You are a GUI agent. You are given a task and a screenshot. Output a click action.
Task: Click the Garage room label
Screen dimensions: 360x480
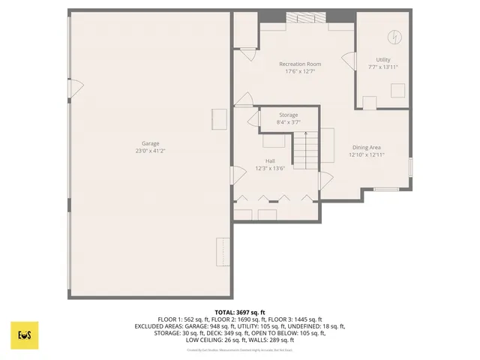coord(151,143)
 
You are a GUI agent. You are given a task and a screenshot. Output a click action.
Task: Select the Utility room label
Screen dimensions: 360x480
coord(383,60)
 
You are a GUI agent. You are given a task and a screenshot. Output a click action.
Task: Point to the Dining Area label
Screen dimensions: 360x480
coord(367,148)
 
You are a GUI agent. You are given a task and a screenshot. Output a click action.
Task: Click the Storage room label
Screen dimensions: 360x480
coord(289,115)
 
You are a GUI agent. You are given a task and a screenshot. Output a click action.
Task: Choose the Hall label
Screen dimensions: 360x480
coord(270,160)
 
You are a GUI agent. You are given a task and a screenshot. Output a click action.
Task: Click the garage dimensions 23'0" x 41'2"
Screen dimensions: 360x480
coord(151,151)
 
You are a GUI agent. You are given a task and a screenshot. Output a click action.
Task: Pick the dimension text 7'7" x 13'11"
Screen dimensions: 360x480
coord(383,67)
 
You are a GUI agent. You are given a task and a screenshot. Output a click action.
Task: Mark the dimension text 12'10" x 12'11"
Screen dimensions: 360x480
coord(367,155)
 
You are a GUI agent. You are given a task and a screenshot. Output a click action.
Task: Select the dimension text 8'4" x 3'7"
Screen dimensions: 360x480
coord(289,121)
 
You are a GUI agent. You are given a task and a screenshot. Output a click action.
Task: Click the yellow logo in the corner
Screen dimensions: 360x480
coord(24,335)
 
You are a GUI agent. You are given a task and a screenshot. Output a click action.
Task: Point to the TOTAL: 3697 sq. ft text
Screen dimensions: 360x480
coord(240,312)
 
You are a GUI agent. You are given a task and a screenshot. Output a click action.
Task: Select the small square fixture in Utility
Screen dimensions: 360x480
coord(397,90)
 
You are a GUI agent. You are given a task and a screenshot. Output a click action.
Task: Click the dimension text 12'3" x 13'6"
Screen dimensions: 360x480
coord(270,168)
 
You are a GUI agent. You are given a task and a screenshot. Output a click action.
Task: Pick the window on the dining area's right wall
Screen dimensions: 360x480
coord(411,166)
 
